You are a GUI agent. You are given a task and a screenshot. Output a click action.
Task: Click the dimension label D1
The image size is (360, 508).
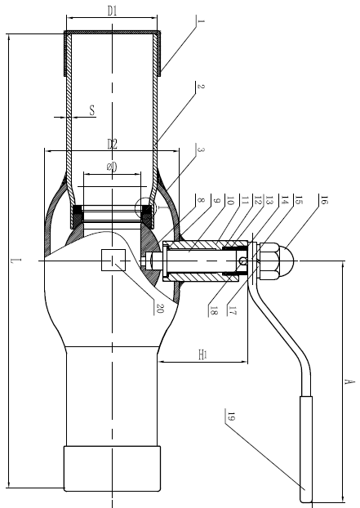pos(112,11)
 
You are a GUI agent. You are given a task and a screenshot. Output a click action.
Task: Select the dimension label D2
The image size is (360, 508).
pos(112,144)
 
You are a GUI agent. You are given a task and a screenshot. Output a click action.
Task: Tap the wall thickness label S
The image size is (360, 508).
pos(92,110)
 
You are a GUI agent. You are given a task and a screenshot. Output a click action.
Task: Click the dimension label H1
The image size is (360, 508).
pos(202,354)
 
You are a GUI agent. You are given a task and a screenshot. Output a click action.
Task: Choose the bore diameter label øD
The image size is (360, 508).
pos(112,167)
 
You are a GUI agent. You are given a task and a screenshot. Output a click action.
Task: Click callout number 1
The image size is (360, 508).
pos(201,21)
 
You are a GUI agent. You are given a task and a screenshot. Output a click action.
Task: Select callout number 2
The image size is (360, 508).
pos(201,87)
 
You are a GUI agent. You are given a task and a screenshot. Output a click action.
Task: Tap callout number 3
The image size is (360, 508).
pos(201,150)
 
